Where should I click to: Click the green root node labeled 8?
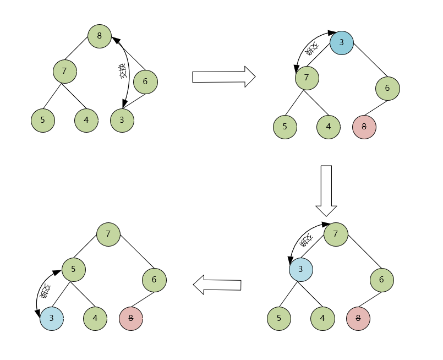click(99, 36)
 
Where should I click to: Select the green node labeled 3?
click(122, 120)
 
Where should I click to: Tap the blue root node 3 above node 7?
click(341, 42)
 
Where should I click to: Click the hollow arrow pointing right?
click(223, 77)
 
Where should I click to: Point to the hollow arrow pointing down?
click(326, 190)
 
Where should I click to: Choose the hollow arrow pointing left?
click(217, 285)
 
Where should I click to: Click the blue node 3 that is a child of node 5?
click(52, 318)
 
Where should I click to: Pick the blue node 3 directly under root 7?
click(300, 269)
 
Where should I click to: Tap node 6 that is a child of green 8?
click(145, 82)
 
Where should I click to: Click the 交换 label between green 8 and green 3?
click(123, 72)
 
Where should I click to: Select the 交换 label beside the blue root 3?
click(312, 49)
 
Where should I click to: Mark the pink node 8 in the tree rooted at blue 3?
click(364, 127)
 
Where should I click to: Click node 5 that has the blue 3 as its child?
click(73, 269)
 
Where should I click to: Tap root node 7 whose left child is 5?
click(108, 234)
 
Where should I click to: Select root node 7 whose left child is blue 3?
click(336, 234)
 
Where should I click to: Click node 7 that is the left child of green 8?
click(65, 71)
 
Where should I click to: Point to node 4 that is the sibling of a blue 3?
click(95, 318)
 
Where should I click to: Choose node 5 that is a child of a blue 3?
click(278, 318)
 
